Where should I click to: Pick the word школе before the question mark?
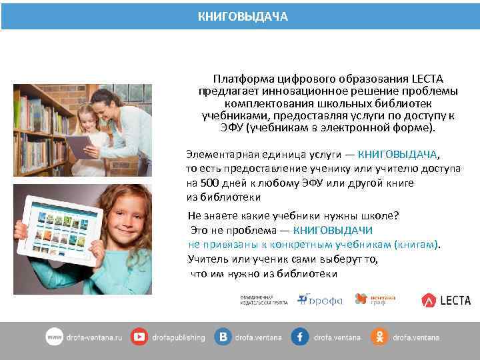[380, 216]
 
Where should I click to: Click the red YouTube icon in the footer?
[139, 337]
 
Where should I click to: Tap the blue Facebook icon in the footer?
[299, 337]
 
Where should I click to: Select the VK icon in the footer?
[223, 337]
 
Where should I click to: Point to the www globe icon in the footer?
[55, 337]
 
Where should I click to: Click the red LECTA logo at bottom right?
[446, 301]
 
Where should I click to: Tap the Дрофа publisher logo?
[320, 300]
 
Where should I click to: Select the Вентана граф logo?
[371, 300]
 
